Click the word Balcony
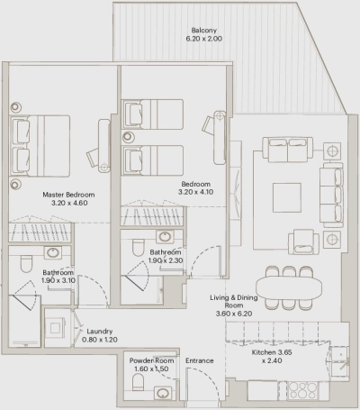(x=202, y=31)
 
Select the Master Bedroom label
(x=69, y=194)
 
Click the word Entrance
(x=199, y=360)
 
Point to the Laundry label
(x=99, y=331)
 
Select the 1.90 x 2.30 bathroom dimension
(x=166, y=261)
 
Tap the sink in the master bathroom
(x=53, y=251)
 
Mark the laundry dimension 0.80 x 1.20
(x=99, y=341)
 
